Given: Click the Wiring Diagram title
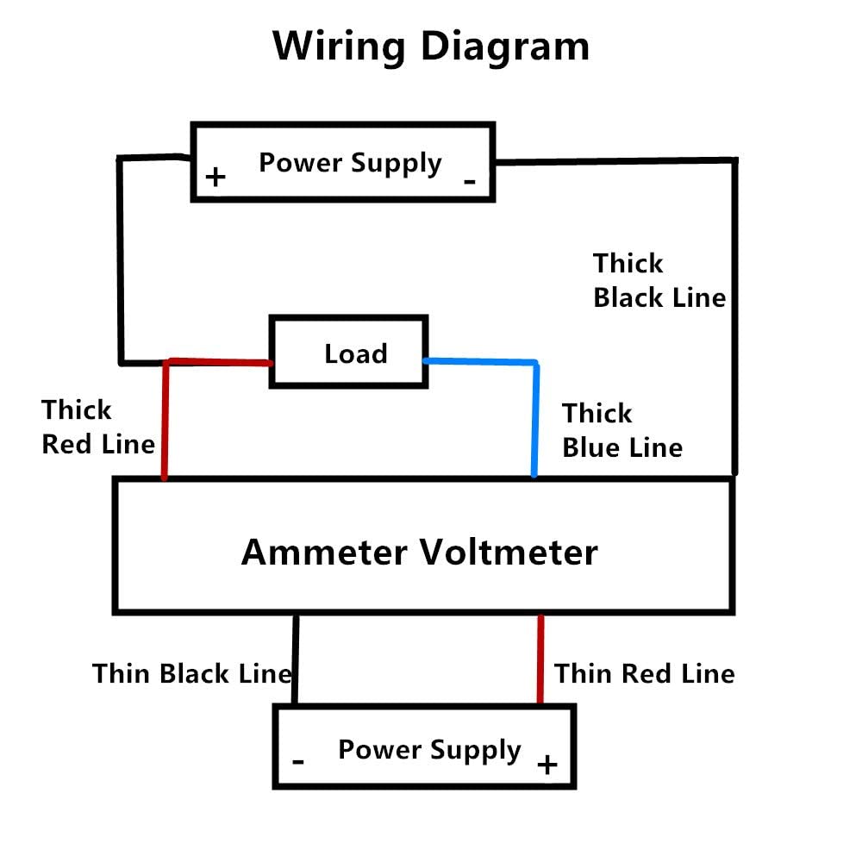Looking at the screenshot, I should point(431,46).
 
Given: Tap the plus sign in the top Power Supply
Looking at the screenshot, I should point(215,178).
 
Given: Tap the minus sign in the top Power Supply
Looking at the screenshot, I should point(470,180).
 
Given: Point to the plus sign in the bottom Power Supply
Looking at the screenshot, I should point(547,765).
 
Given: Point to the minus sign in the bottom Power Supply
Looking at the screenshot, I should point(298,762).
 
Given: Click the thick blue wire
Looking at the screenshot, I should point(534,414).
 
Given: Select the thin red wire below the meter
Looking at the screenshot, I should point(540,659).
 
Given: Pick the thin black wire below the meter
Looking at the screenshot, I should point(295,659).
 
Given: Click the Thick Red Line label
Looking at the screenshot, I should point(98,427).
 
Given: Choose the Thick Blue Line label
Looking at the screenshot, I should point(622,430).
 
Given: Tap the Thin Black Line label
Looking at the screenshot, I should point(191,673).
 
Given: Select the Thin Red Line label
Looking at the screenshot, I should point(644,673).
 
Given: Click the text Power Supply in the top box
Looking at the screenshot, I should point(350,162).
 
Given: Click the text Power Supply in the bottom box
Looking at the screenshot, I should point(429,749).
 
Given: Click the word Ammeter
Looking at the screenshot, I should point(324,551).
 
